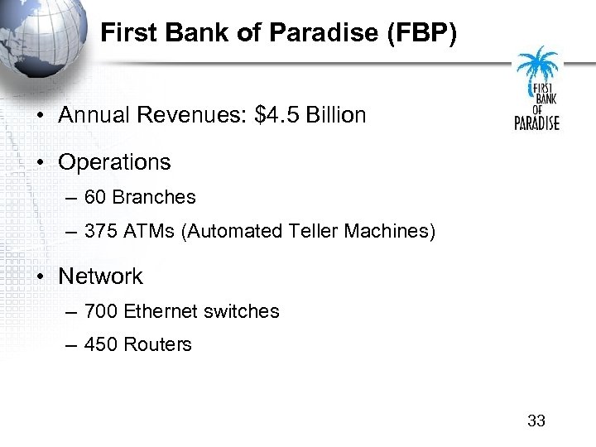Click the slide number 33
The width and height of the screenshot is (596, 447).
coord(536,421)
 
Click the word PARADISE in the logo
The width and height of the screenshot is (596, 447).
coord(537,123)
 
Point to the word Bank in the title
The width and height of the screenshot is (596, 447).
coord(188,34)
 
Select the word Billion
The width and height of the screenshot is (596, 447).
coord(336,115)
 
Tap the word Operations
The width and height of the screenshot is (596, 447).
coord(114,162)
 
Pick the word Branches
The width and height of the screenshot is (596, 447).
coord(154,197)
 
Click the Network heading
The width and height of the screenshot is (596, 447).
coord(100,276)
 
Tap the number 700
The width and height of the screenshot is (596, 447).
coord(101,311)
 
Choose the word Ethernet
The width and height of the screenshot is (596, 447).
coord(160,311)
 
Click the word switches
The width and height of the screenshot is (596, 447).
coord(241,311)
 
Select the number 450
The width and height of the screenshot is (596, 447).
coord(101,344)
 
